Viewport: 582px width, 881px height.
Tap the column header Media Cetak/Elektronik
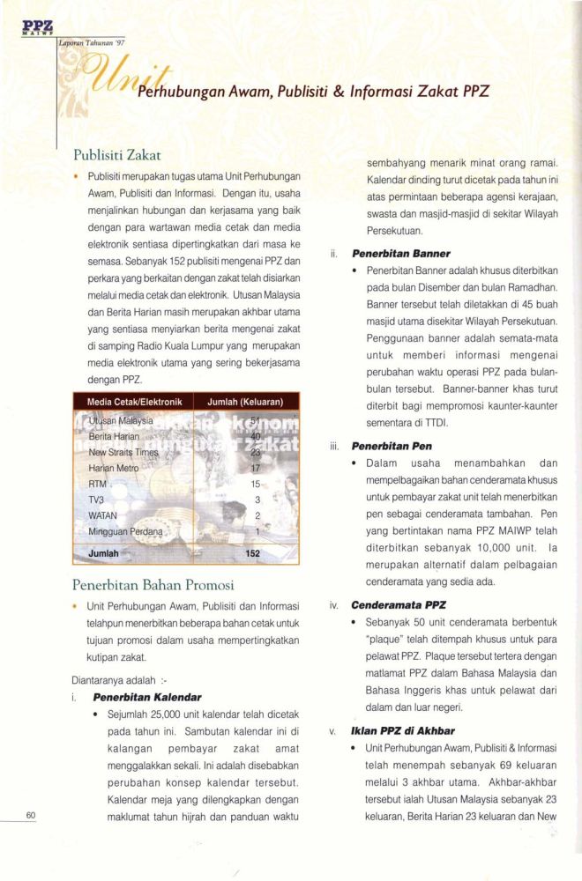pos(134,402)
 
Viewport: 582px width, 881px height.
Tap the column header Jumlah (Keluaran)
pos(244,402)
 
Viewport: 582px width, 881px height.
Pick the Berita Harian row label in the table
pos(115,436)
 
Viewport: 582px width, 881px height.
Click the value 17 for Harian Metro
pos(257,468)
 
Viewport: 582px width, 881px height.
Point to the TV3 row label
pos(98,500)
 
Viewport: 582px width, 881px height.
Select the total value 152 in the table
pos(254,553)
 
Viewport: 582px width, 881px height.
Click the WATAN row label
pos(103,515)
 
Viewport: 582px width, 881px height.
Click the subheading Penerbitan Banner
pos(400,254)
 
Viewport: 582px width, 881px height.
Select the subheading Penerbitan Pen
pos(392,446)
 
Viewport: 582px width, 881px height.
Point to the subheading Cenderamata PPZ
pos(399,606)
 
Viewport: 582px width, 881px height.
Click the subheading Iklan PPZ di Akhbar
pos(403,730)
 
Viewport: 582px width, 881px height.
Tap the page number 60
pos(30,816)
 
